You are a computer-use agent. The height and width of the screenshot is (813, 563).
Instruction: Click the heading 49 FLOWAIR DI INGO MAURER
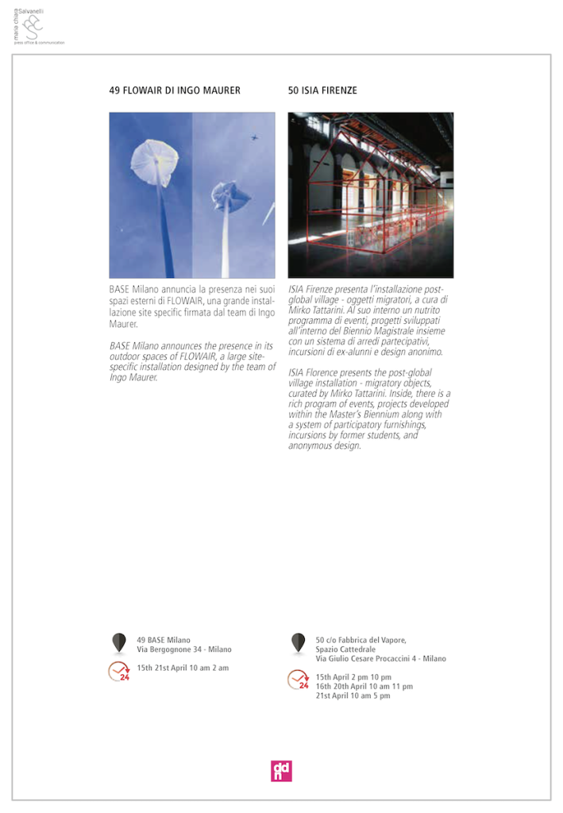pos(175,91)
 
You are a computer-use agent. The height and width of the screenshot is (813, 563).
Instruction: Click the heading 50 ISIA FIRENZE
pos(322,91)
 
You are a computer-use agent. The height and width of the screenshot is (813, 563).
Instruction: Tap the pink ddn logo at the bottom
pos(281,771)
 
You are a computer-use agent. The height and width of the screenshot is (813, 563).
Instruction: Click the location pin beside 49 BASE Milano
pos(119,642)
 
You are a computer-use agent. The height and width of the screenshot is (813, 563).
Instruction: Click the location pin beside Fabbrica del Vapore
pos(298,642)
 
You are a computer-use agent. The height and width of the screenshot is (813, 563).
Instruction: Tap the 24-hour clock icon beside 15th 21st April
pos(119,672)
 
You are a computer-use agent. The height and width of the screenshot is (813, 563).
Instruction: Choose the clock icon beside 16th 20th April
pos(298,680)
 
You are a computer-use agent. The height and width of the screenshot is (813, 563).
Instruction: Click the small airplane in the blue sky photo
pos(254,137)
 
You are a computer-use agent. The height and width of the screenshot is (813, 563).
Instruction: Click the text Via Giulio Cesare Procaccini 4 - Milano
pos(380,659)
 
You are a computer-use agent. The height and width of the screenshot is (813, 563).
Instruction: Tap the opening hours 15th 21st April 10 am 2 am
pos(183,668)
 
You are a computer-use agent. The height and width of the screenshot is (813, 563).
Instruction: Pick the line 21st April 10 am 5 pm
pos(353,696)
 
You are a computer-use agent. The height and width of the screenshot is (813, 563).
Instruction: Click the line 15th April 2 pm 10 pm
pos(353,677)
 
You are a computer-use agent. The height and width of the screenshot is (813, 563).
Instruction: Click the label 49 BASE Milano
pos(164,640)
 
